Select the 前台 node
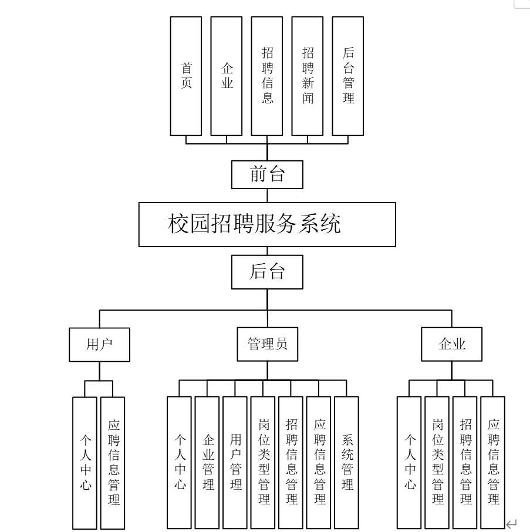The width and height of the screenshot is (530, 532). [x=268, y=174]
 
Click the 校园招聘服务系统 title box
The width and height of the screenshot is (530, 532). [x=268, y=224]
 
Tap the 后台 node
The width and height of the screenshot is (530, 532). [x=268, y=271]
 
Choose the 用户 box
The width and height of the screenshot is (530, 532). [x=99, y=345]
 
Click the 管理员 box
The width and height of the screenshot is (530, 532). [x=267, y=345]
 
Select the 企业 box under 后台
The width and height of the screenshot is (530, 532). [x=451, y=345]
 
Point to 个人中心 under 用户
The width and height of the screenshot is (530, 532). [x=85, y=463]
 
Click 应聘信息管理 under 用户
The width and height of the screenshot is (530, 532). [x=113, y=463]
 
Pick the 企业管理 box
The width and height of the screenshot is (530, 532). [x=207, y=463]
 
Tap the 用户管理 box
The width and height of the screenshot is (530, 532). [x=235, y=463]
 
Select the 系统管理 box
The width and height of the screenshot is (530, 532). [x=346, y=463]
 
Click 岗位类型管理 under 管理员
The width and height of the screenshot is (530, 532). [x=264, y=463]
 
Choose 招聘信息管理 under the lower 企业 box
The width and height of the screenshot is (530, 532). [x=465, y=463]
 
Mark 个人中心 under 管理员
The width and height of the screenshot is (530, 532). [x=180, y=463]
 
